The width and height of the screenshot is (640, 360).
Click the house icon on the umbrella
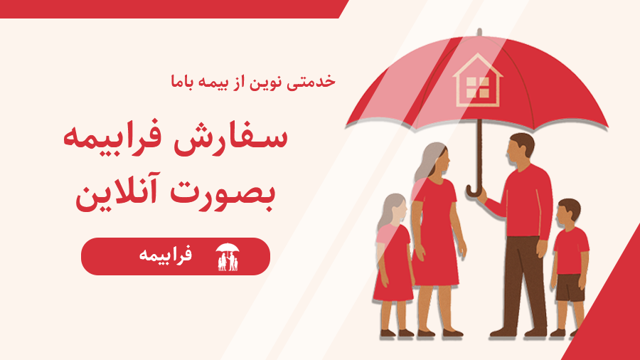[x=478, y=81]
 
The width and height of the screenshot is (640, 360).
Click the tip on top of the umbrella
[x=479, y=33]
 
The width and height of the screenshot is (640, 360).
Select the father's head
[x=520, y=149]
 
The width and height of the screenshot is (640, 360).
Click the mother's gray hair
[x=428, y=162]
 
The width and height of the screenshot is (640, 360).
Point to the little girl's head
[x=394, y=209]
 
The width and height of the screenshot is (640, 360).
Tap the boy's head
[x=568, y=213]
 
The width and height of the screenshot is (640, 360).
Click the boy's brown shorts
[x=570, y=287]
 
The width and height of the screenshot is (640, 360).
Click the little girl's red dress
[x=393, y=265]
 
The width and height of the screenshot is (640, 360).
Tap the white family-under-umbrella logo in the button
[x=228, y=257]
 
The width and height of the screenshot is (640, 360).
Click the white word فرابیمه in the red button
[x=165, y=255]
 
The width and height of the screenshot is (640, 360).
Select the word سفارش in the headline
[x=230, y=138]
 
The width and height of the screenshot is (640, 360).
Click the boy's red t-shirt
[x=572, y=250]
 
